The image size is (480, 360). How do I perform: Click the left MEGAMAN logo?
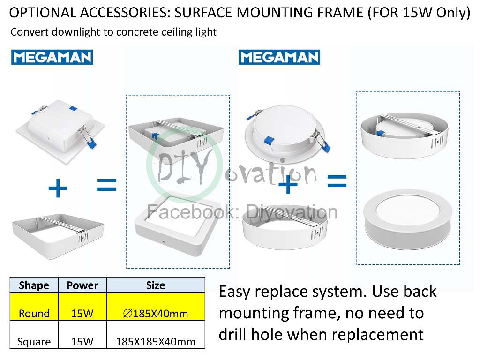coord(52,57)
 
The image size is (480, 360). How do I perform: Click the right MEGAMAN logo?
coord(279,57)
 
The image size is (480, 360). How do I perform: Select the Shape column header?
coord(34,285)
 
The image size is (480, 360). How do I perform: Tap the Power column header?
coord(82,285)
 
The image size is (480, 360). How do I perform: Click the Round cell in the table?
coord(34,314)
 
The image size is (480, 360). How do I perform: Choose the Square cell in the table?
coord(34,342)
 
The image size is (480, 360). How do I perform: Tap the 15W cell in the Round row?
coord(82,314)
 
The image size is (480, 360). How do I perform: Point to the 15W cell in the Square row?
coord(82,342)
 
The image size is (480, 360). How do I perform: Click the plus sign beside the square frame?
coord(58,189)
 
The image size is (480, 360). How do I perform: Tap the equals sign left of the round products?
coord(337,181)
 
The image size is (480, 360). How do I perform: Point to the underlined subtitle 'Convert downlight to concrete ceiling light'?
coord(113,32)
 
